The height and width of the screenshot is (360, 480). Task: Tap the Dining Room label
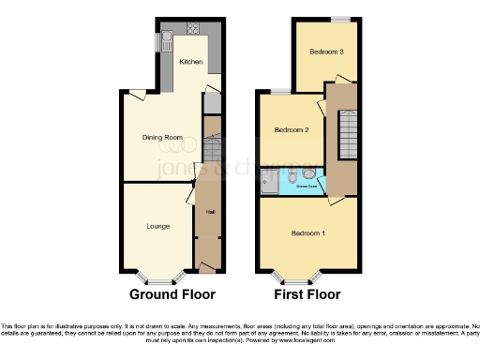(x=161, y=137)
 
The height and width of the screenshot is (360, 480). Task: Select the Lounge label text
(x=157, y=226)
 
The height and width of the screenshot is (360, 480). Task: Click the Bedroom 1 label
(x=307, y=232)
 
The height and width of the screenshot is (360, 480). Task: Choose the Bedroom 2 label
(x=292, y=129)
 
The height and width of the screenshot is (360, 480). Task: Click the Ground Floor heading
(x=172, y=293)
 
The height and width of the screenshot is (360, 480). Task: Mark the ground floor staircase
(x=211, y=144)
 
